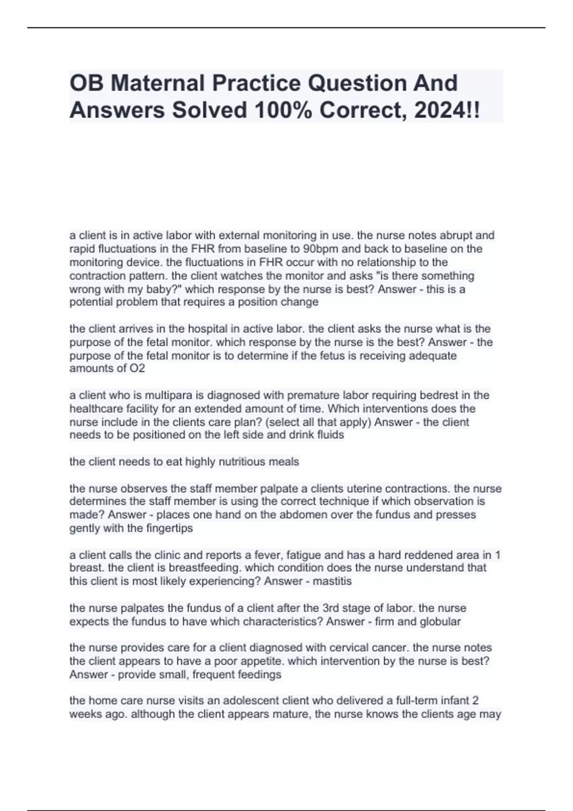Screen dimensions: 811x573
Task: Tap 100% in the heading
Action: pos(283,111)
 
